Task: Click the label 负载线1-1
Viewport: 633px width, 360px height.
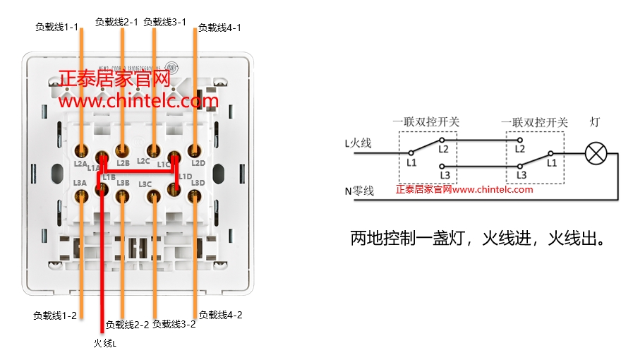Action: coord(56,27)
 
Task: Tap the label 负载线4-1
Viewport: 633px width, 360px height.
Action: coord(219,28)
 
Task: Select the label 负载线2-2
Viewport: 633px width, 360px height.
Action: coord(127,325)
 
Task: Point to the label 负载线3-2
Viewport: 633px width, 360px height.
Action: coord(174,324)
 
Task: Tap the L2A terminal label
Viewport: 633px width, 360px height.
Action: coord(80,164)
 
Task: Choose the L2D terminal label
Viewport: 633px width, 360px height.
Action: coord(198,164)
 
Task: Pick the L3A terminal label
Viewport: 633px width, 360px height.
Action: coord(80,183)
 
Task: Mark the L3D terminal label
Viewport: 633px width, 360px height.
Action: coord(198,183)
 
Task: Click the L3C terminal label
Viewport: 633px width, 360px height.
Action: coord(145,184)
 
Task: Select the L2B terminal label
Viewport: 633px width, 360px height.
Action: coord(123,163)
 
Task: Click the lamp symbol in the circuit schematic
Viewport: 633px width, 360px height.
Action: coord(597,152)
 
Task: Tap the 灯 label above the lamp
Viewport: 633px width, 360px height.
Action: coord(594,122)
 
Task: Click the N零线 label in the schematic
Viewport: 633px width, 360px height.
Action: coord(359,191)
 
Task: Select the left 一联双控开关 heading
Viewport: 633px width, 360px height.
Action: coord(426,122)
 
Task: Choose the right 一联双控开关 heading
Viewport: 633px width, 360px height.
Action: coord(535,122)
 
